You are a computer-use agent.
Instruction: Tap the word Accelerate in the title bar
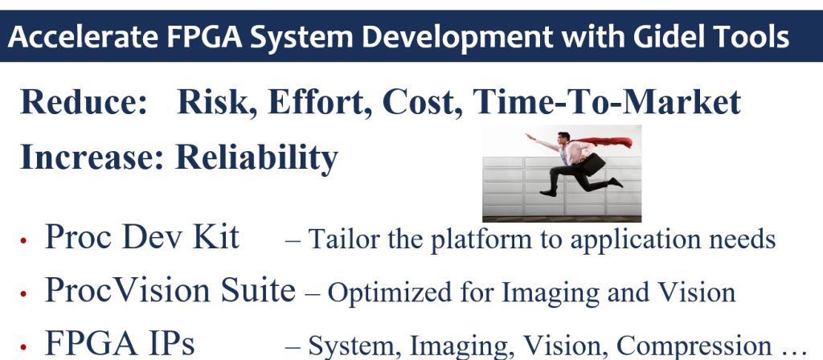coord(83,37)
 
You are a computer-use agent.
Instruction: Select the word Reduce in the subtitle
coord(84,102)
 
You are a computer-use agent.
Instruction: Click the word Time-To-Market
coord(607,102)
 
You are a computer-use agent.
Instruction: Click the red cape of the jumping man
coord(603,141)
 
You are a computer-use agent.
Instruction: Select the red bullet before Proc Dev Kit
coord(23,241)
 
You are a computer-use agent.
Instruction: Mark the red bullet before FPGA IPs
coord(23,347)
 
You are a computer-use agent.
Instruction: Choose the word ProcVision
coord(127,289)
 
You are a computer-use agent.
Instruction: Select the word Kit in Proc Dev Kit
coord(216,236)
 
